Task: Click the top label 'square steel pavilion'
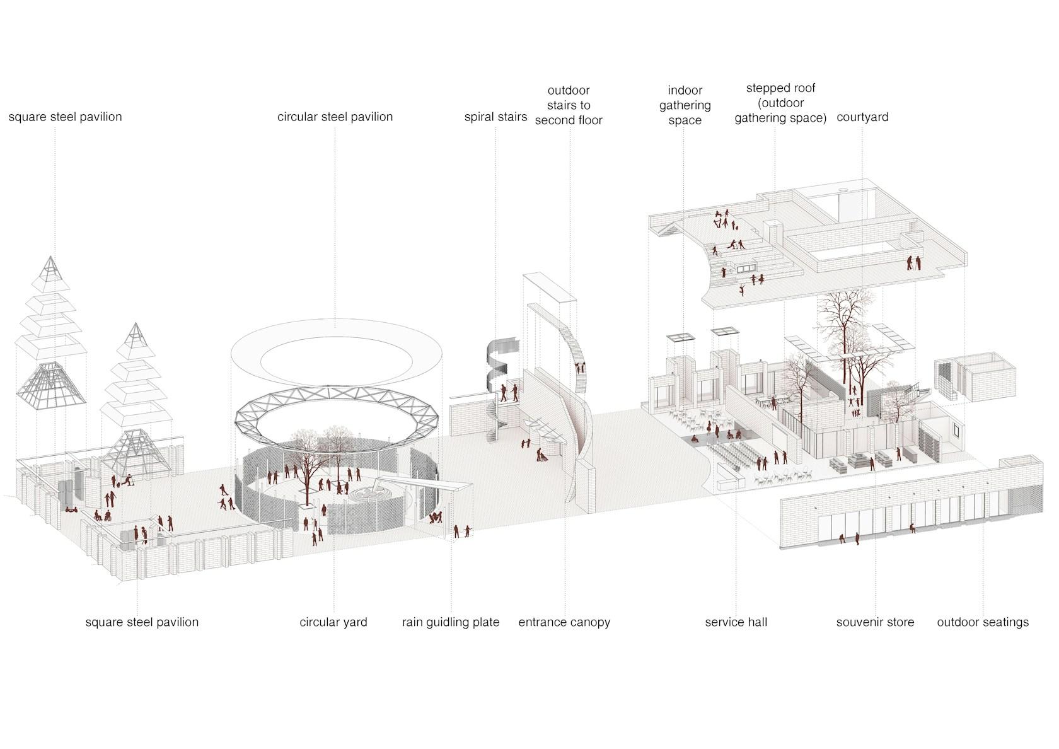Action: [66, 117]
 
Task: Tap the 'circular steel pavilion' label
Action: [335, 117]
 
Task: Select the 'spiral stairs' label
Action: [495, 117]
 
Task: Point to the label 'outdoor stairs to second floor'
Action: [569, 105]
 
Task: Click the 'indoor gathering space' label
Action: [685, 105]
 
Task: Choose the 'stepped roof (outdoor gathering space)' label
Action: [780, 103]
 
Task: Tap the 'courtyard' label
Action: [862, 117]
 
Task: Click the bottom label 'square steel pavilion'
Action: [142, 622]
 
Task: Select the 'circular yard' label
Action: [333, 622]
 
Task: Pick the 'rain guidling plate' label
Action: [451, 622]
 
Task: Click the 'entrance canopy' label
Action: [564, 622]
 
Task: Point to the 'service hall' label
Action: [736, 622]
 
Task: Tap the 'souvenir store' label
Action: [875, 622]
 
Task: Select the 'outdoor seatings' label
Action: [983, 622]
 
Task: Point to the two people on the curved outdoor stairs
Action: [580, 368]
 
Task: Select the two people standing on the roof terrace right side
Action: [914, 262]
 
